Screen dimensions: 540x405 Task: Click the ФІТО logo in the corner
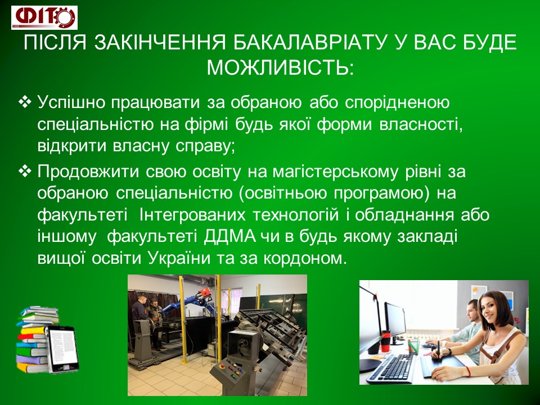pyautogui.click(x=44, y=17)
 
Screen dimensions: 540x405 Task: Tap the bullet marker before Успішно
pyautogui.click(x=25, y=102)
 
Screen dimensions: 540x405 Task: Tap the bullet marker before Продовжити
pyautogui.click(x=25, y=171)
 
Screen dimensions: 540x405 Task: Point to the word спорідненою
pyautogui.click(x=397, y=103)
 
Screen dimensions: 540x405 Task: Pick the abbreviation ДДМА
pyautogui.click(x=229, y=237)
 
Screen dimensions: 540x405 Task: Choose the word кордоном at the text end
pyautogui.click(x=304, y=259)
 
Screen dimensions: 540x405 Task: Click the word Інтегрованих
pyautogui.click(x=192, y=215)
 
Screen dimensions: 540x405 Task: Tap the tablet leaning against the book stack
pyautogui.click(x=62, y=349)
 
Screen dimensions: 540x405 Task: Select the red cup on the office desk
pyautogui.click(x=386, y=341)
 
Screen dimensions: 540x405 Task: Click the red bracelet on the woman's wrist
pyautogui.click(x=469, y=372)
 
